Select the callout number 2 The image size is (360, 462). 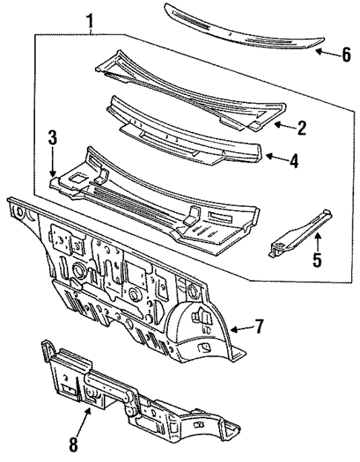pyautogui.click(x=301, y=128)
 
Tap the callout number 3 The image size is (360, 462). pyautogui.click(x=52, y=137)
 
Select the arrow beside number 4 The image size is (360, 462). pyautogui.click(x=274, y=156)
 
